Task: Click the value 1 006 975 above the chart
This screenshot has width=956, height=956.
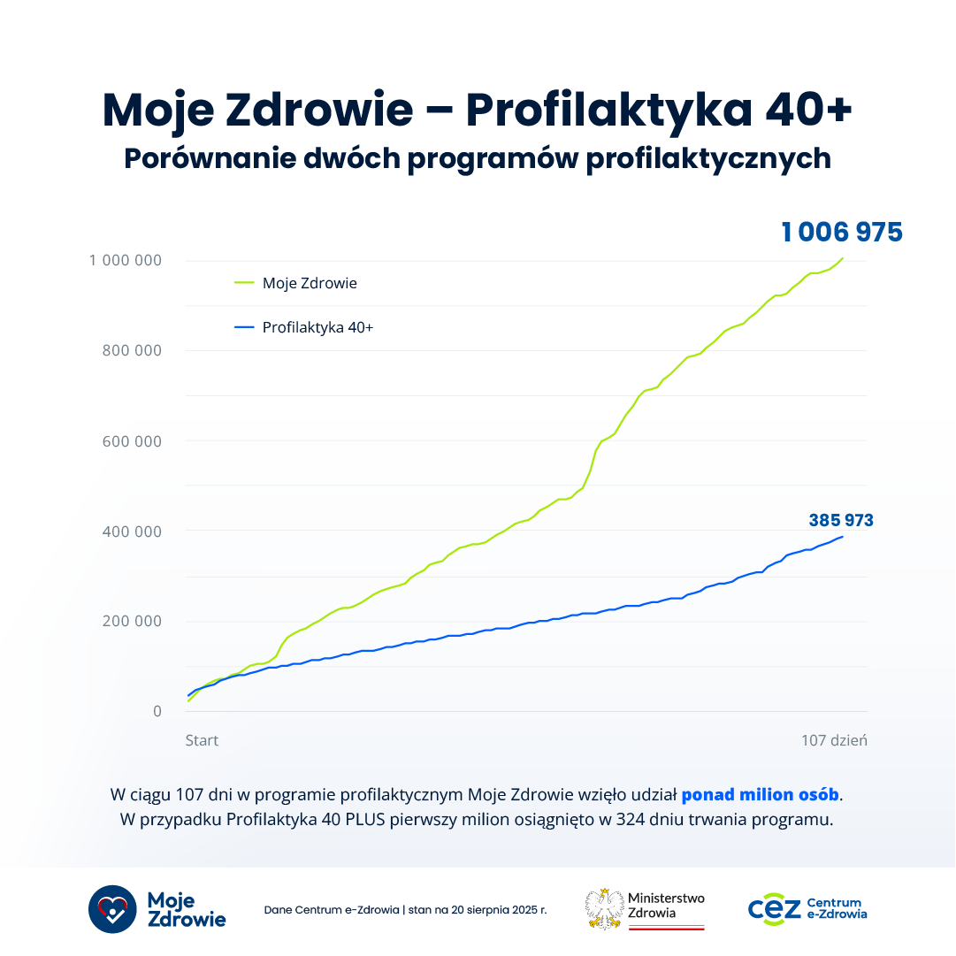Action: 841,233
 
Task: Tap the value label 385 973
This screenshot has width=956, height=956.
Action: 841,521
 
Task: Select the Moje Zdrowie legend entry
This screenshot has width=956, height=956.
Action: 310,284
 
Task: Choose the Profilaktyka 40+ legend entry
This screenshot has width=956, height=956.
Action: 317,328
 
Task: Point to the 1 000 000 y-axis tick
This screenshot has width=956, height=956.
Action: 125,260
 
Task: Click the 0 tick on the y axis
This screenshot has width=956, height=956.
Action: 157,711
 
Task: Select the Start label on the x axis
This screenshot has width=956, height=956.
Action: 202,740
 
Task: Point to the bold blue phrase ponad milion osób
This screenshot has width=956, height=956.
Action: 760,794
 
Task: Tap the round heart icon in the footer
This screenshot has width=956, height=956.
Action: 112,908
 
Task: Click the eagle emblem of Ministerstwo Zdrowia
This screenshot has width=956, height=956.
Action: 605,908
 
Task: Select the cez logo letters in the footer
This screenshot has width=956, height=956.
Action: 774,908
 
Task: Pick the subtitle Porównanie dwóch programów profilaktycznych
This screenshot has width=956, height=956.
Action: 478,157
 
